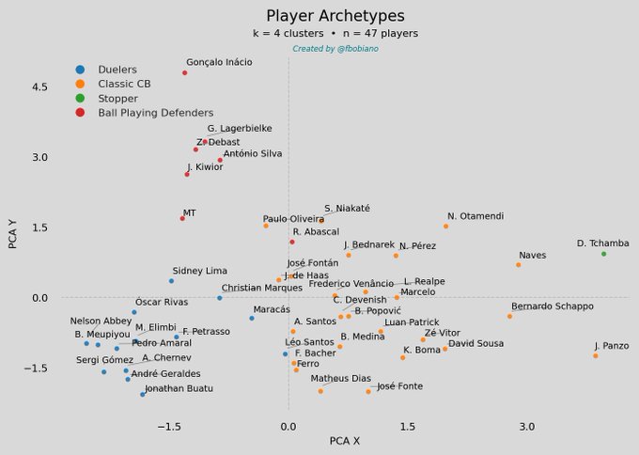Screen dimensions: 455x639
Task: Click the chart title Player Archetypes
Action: [x=335, y=16]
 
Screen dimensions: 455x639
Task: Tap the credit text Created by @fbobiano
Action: [x=335, y=48]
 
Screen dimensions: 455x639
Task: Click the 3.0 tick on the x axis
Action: [x=526, y=426]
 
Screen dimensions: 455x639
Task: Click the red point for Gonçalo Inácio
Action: [x=184, y=72]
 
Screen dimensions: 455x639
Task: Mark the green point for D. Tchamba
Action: [x=603, y=254]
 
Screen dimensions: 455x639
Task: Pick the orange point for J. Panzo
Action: [x=596, y=355]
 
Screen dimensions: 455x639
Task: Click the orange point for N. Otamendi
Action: [x=445, y=226]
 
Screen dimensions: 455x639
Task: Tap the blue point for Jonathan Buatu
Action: [x=143, y=394]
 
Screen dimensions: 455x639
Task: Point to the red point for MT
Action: [x=182, y=218]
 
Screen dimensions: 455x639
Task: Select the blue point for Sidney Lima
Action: [x=171, y=280]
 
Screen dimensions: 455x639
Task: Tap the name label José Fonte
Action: [x=399, y=386]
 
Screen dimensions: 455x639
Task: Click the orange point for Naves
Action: [x=518, y=265]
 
